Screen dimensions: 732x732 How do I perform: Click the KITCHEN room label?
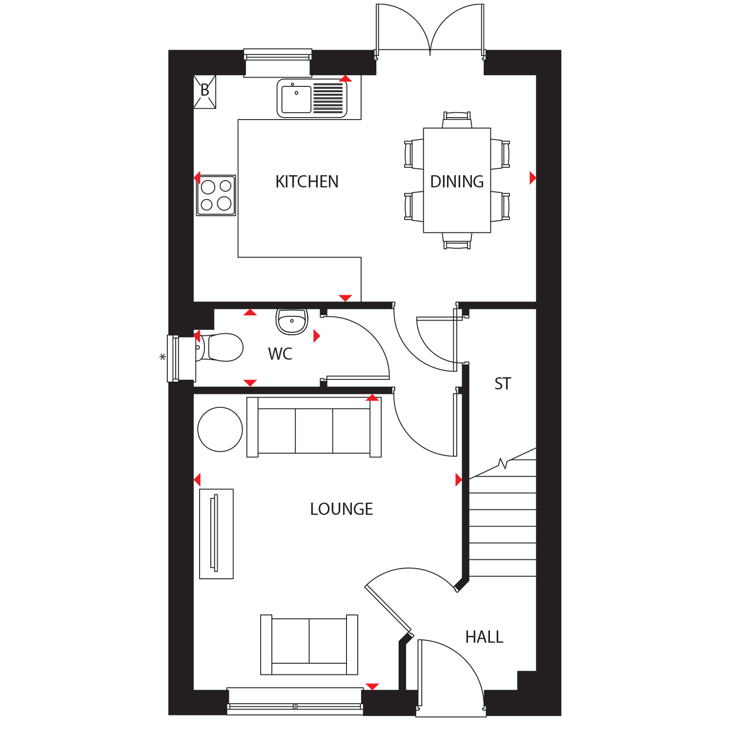coord(307,182)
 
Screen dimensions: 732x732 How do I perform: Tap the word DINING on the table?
coord(457,182)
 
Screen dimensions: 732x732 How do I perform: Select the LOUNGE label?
coord(342,509)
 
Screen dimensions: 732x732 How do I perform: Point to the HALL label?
coord(484,637)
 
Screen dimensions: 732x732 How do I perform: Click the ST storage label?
coord(503,384)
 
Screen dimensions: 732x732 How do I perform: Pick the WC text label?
coord(280,354)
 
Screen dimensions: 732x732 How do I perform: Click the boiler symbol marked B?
coord(205,91)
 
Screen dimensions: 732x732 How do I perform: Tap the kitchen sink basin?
coord(296,99)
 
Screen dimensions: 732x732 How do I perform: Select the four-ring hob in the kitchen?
coord(216,195)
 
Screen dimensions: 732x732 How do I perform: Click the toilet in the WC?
coord(220,347)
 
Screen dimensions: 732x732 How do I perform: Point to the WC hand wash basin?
coord(292,321)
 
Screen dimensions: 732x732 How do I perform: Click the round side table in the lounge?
coord(220,429)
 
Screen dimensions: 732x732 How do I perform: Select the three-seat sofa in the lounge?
coord(314,427)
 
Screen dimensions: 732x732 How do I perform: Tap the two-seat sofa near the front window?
coord(309,645)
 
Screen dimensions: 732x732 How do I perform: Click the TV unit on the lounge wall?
coord(217,534)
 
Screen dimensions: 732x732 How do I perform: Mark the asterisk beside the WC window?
coord(163,357)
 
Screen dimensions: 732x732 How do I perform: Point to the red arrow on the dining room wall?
coord(533,178)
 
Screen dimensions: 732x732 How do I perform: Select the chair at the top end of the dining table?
coord(457,120)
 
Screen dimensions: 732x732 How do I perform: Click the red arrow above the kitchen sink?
coord(346,78)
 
